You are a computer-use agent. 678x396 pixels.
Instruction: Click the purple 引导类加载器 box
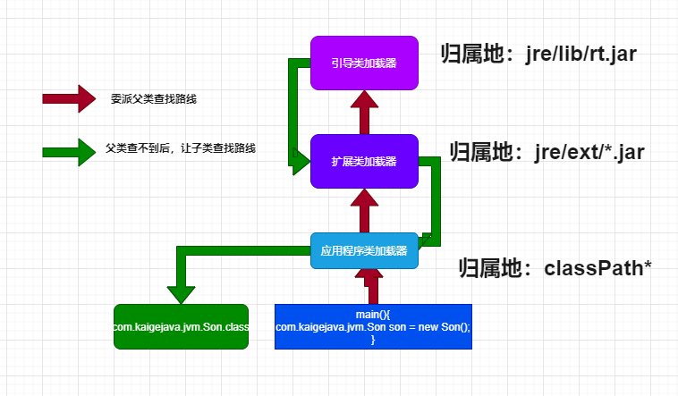click(x=364, y=63)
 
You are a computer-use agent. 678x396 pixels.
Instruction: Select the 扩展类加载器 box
click(x=364, y=161)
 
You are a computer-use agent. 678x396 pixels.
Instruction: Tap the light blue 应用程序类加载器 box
click(x=364, y=250)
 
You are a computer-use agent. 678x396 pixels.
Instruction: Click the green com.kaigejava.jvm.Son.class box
click(x=181, y=326)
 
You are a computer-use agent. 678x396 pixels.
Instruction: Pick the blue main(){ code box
click(x=372, y=326)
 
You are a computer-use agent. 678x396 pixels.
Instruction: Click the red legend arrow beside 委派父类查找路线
click(x=68, y=99)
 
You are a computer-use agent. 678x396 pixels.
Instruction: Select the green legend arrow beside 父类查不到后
click(x=68, y=151)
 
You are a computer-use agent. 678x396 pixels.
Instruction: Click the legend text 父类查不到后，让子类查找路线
click(x=180, y=148)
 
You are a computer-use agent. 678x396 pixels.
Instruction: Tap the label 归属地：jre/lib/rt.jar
click(x=538, y=54)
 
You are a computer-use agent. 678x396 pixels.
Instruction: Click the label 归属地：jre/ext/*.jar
click(x=547, y=151)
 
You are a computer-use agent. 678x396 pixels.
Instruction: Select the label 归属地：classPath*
click(x=555, y=266)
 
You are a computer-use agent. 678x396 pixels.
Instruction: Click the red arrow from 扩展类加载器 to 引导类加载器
click(x=364, y=113)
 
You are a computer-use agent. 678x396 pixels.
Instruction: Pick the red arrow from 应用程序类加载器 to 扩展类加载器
click(x=364, y=210)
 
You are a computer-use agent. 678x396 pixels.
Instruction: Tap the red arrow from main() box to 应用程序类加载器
click(x=372, y=286)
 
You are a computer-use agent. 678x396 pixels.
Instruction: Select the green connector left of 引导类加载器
click(x=293, y=107)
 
